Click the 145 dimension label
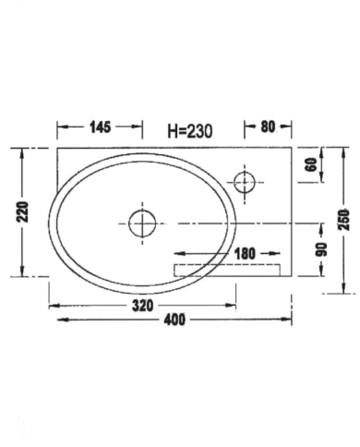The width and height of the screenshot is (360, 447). [x=101, y=127]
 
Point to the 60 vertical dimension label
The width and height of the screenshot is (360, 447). [x=311, y=166]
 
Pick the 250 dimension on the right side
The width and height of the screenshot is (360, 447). [x=343, y=220]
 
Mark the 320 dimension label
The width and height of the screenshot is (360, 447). [x=141, y=304]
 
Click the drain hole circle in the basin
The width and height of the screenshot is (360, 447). [x=142, y=223]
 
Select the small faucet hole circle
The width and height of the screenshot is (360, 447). [x=245, y=181]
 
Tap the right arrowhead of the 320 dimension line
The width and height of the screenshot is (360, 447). [x=234, y=304]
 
